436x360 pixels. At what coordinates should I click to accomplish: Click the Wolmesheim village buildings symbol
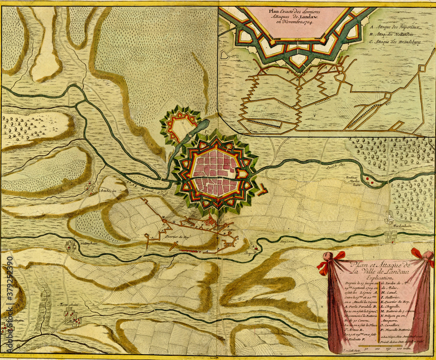click(x=70, y=247)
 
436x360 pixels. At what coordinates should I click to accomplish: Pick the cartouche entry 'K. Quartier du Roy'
click(x=398, y=300)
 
